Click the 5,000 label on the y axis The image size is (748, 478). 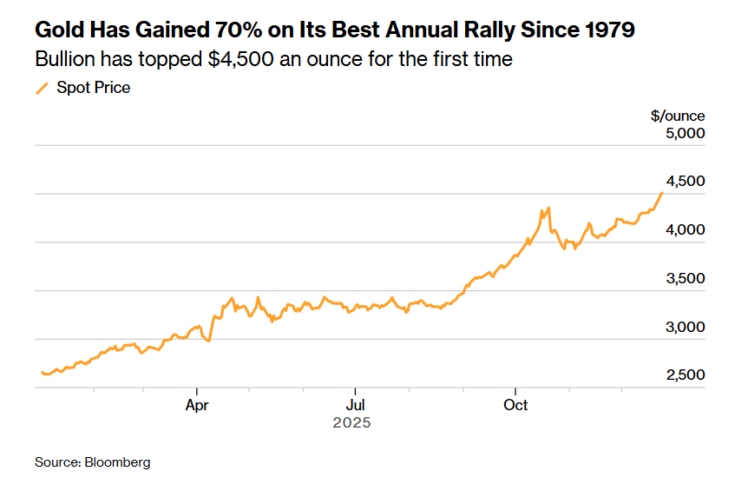(686, 134)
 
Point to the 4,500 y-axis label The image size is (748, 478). (686, 182)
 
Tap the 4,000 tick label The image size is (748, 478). (686, 230)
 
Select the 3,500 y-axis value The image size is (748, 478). (686, 279)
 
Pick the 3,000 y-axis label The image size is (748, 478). (686, 328)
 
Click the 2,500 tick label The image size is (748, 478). (686, 375)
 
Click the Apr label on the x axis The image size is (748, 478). (197, 405)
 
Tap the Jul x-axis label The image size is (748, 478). (354, 405)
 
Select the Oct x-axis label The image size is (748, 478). (515, 405)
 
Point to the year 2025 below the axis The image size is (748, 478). (352, 423)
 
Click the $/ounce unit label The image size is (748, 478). (678, 116)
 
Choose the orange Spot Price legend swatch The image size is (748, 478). (42, 88)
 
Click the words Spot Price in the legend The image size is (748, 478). (94, 88)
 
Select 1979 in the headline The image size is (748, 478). (605, 31)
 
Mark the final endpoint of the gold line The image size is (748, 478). (662, 192)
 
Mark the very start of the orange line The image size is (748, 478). (41, 372)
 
